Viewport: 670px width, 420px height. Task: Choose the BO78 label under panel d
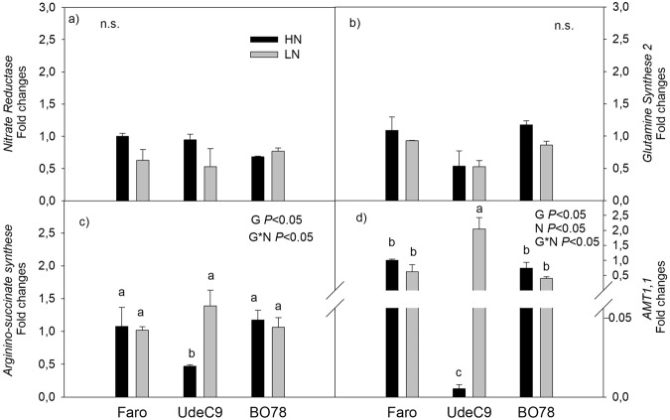click(533, 409)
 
